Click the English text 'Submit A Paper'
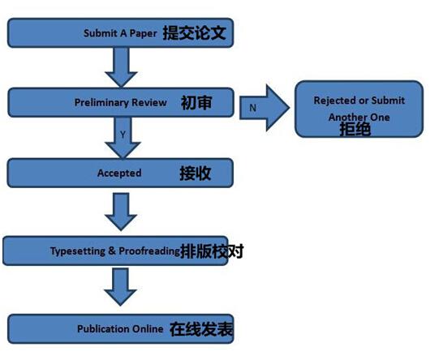tap(120, 33)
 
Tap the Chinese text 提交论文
tap(195, 32)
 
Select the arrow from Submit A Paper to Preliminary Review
tap(121, 67)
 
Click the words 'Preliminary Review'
tap(120, 102)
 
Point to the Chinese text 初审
tap(196, 103)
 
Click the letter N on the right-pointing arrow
tap(253, 108)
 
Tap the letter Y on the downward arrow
tap(123, 135)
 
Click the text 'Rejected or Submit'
tap(359, 101)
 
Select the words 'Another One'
tap(359, 117)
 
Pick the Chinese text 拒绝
tap(355, 129)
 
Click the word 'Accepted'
tap(119, 174)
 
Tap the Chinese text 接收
tap(195, 174)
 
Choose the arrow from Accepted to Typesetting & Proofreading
tap(121, 212)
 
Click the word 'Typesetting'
tap(78, 251)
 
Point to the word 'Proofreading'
tap(149, 251)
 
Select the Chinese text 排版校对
tap(212, 251)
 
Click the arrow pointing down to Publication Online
tap(120, 287)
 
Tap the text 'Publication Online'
tap(120, 328)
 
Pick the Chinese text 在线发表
tap(201, 329)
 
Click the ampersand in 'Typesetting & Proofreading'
tap(112, 251)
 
